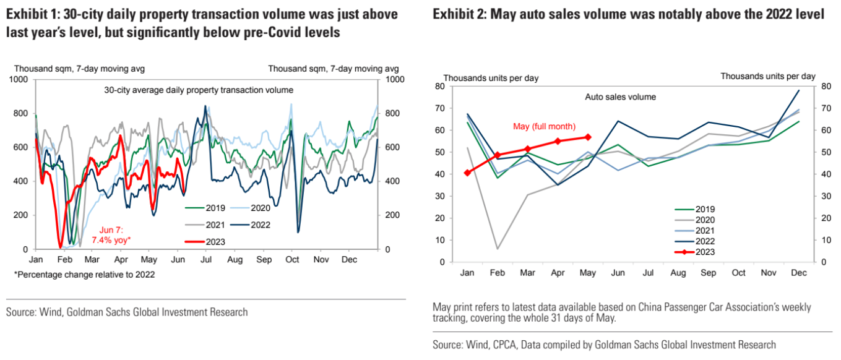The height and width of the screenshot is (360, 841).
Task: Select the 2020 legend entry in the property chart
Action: tap(253, 208)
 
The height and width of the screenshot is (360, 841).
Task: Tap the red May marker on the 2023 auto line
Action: tap(588, 137)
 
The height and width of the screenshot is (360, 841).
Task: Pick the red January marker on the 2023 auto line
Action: tap(467, 173)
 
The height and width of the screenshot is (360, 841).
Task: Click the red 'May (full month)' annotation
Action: tap(544, 127)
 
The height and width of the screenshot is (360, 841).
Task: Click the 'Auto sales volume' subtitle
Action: tap(620, 97)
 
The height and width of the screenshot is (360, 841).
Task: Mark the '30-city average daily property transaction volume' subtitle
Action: tap(199, 90)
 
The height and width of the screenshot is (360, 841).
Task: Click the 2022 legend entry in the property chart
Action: tap(253, 225)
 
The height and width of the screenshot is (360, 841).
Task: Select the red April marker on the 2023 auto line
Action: tap(558, 141)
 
